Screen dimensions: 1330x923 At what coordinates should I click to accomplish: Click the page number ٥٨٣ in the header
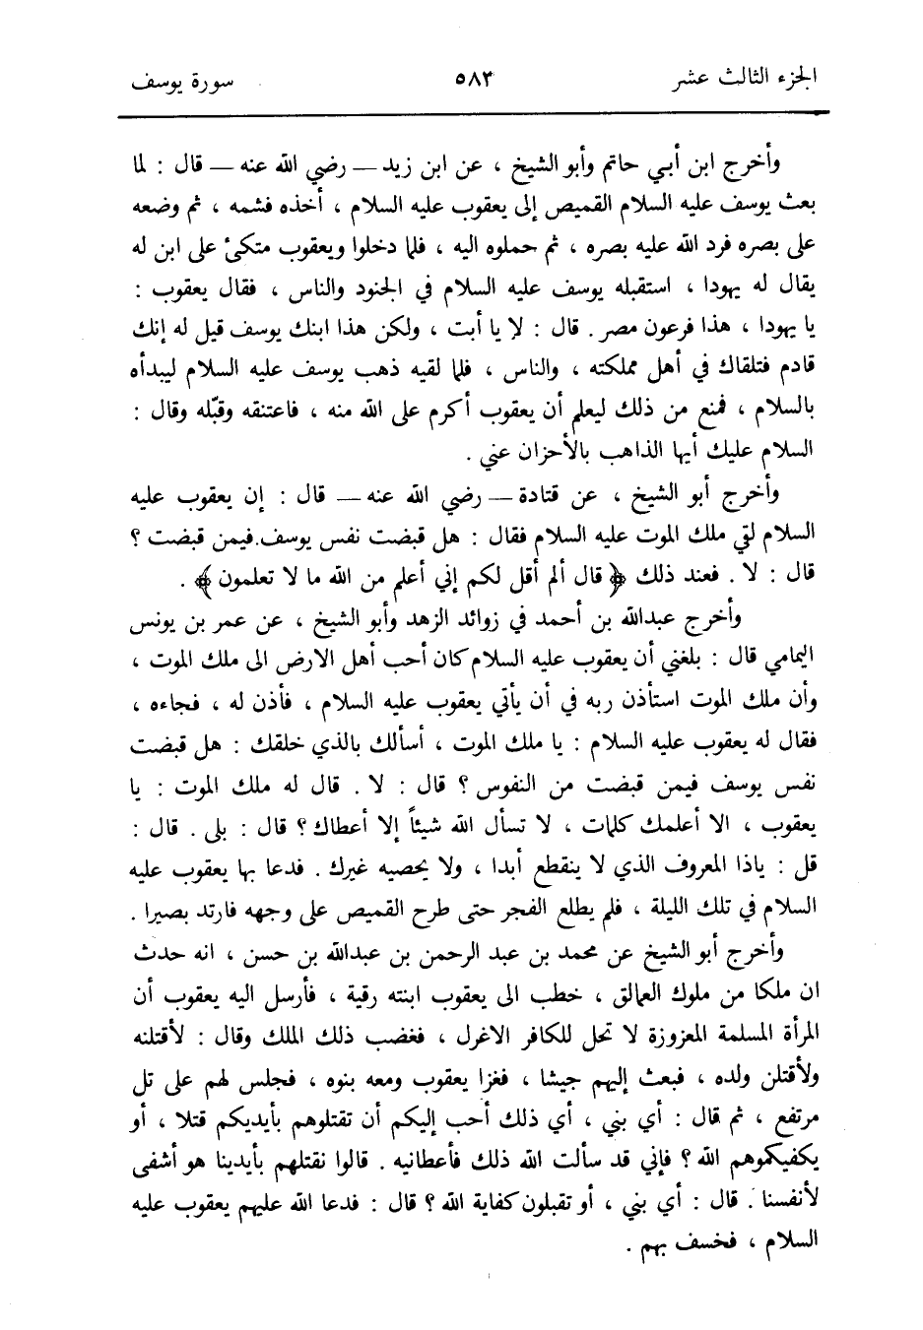click(x=474, y=75)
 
